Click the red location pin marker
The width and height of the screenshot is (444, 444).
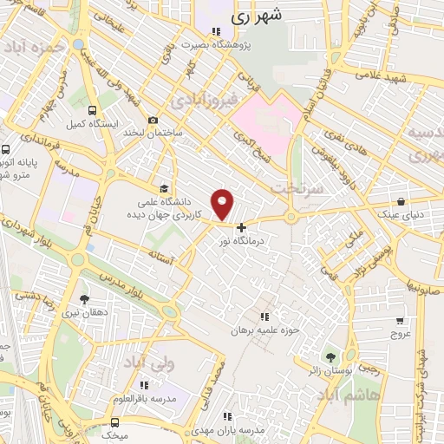(x=223, y=204)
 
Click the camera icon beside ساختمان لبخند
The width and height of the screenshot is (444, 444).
(x=153, y=120)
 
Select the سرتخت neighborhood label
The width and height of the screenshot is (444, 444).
(x=296, y=186)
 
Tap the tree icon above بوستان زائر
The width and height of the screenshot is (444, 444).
(x=330, y=356)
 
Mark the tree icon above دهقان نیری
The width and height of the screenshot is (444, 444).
(x=84, y=299)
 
